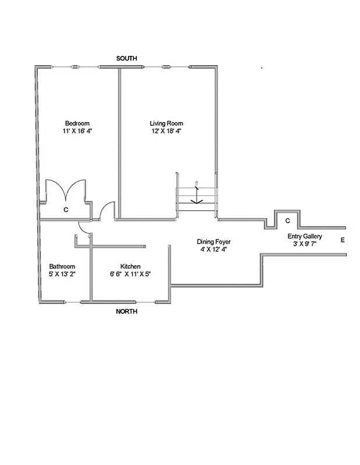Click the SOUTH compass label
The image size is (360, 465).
126,59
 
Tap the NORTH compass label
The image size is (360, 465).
126,312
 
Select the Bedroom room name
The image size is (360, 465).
77,123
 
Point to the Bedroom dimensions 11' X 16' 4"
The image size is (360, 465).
77,131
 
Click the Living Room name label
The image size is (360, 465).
166,123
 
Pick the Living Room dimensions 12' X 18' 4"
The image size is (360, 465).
166,131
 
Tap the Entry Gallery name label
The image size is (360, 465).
305,237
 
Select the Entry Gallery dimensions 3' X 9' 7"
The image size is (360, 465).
305,245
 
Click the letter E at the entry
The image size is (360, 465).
343,239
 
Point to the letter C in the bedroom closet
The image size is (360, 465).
66,209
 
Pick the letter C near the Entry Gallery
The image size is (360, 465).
287,221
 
